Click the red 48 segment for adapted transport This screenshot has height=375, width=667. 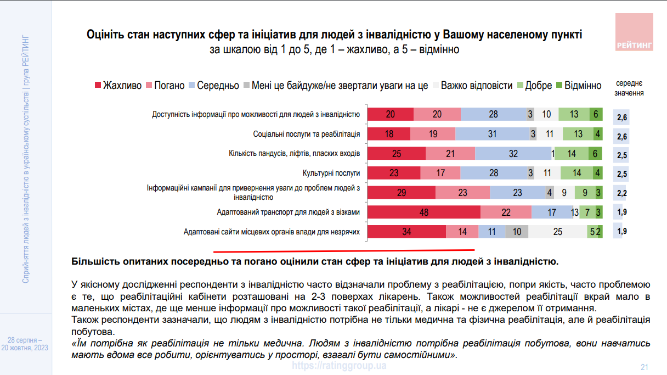pos(423,212)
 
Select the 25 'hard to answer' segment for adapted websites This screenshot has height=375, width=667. pos(557,232)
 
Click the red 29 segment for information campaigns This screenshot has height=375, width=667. pos(401,193)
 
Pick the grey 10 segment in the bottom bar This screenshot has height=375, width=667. pos(517,232)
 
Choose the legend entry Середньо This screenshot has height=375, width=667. pos(213,86)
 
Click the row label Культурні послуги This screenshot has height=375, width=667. pos(331,173)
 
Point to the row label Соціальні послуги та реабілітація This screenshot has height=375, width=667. pos(306,134)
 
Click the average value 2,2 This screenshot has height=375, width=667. pos(621,193)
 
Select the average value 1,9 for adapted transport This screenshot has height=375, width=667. pos(621,212)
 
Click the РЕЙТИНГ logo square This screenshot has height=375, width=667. pos(634,32)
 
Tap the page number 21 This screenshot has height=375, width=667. pos(645,367)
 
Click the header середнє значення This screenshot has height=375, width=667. pos(629,88)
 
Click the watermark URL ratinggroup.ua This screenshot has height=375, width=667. pos(339,365)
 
